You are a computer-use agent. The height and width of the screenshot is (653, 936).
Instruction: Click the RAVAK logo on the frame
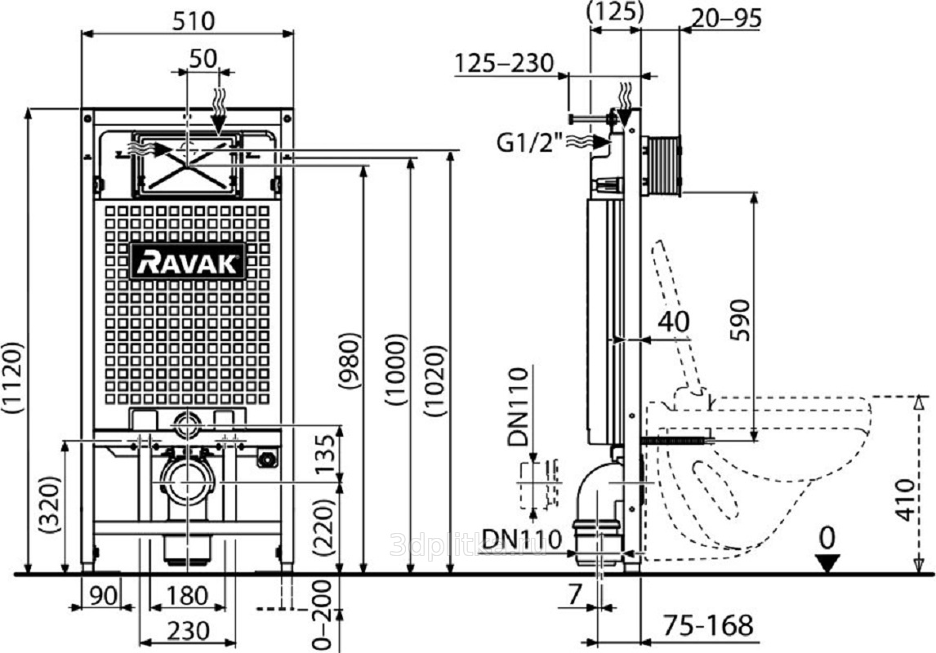(188, 261)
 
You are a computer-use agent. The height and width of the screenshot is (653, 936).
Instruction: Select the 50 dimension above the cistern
(204, 58)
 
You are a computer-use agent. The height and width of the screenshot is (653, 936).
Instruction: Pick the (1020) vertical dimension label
(439, 384)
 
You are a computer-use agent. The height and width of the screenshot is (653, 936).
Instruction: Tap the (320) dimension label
(51, 506)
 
